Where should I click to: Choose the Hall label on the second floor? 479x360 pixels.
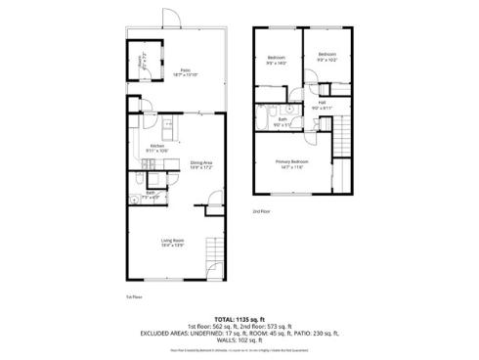click(322, 104)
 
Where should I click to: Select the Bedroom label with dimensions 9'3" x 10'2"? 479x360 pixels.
click(327, 57)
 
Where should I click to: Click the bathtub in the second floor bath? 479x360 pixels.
click(266, 112)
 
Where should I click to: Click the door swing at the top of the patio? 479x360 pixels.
click(171, 19)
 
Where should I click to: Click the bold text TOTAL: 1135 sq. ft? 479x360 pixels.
click(239, 319)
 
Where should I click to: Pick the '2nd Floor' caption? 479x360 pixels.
click(261, 210)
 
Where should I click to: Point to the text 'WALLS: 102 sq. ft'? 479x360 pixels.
click(239, 339)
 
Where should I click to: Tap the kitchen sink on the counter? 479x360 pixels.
click(167, 125)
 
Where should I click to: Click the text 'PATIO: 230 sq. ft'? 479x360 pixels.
click(307, 333)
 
